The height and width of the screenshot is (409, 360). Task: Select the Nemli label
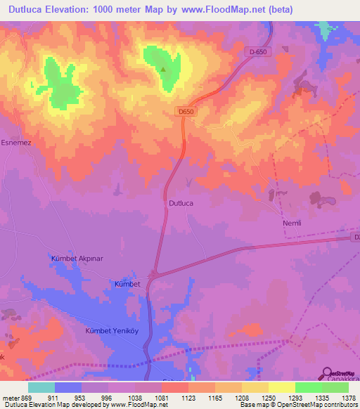click(x=292, y=223)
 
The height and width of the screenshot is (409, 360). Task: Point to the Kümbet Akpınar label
click(x=77, y=259)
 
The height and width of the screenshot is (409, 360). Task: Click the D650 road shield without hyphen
click(x=186, y=111)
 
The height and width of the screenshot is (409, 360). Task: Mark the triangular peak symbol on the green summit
click(x=164, y=69)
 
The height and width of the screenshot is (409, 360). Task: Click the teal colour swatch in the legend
click(x=41, y=387)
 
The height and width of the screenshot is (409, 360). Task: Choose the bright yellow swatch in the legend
click(x=281, y=387)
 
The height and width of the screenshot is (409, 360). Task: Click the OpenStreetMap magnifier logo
click(x=328, y=373)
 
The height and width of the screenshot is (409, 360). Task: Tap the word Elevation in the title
click(x=69, y=9)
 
